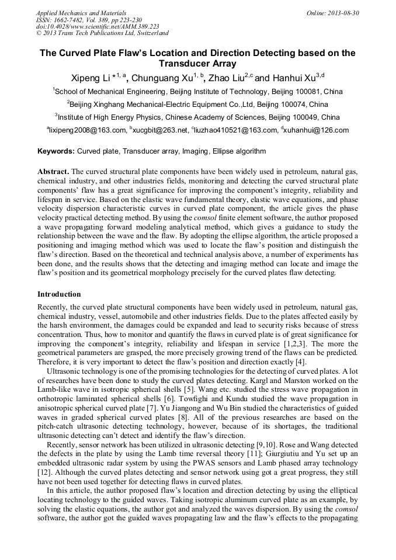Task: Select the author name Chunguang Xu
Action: click(x=163, y=78)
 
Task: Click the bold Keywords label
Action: click(x=56, y=151)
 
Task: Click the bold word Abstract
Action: click(x=54, y=172)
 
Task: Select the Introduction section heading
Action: click(x=59, y=294)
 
